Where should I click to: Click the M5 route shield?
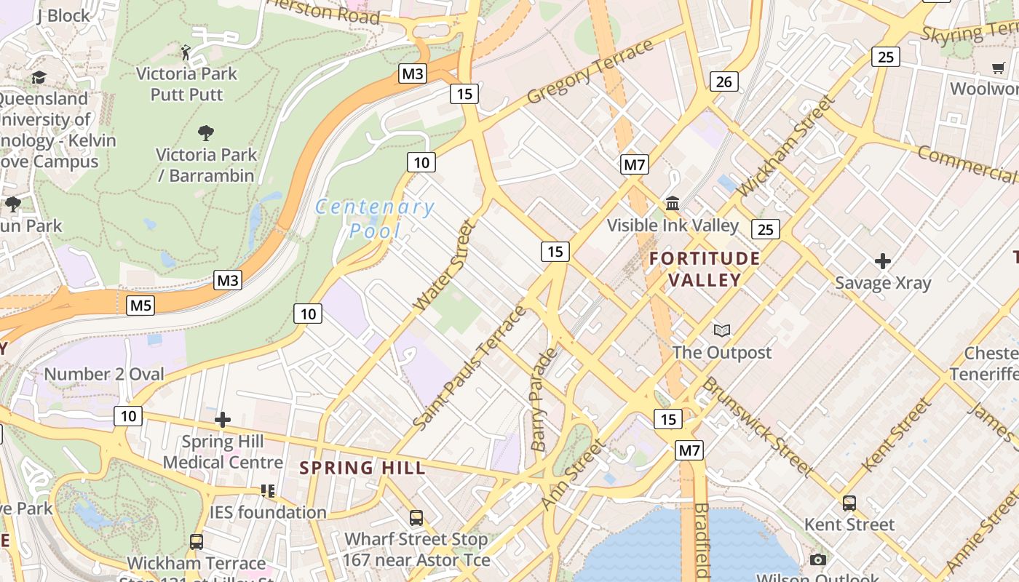(141, 306)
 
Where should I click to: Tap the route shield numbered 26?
(723, 81)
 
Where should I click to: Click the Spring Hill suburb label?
(362, 468)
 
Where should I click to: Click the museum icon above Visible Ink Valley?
(673, 203)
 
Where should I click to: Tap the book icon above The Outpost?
(721, 331)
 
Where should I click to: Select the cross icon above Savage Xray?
(883, 260)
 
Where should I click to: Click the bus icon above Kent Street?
(849, 503)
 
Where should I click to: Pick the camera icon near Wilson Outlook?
(818, 559)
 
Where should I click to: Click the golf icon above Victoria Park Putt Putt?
(186, 52)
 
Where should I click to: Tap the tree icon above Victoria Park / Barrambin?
(206, 133)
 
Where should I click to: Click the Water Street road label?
(445, 266)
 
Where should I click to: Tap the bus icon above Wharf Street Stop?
(416, 518)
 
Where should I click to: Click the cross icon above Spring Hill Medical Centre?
(223, 420)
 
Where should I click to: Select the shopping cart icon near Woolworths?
(999, 68)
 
